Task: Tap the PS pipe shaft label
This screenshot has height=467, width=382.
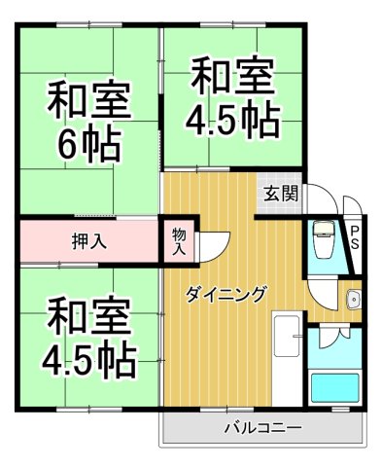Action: tap(355, 237)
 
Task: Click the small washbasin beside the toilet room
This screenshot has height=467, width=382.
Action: tap(352, 298)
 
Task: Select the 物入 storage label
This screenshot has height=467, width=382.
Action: tap(179, 240)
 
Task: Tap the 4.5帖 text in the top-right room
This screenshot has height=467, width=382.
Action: tap(233, 122)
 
